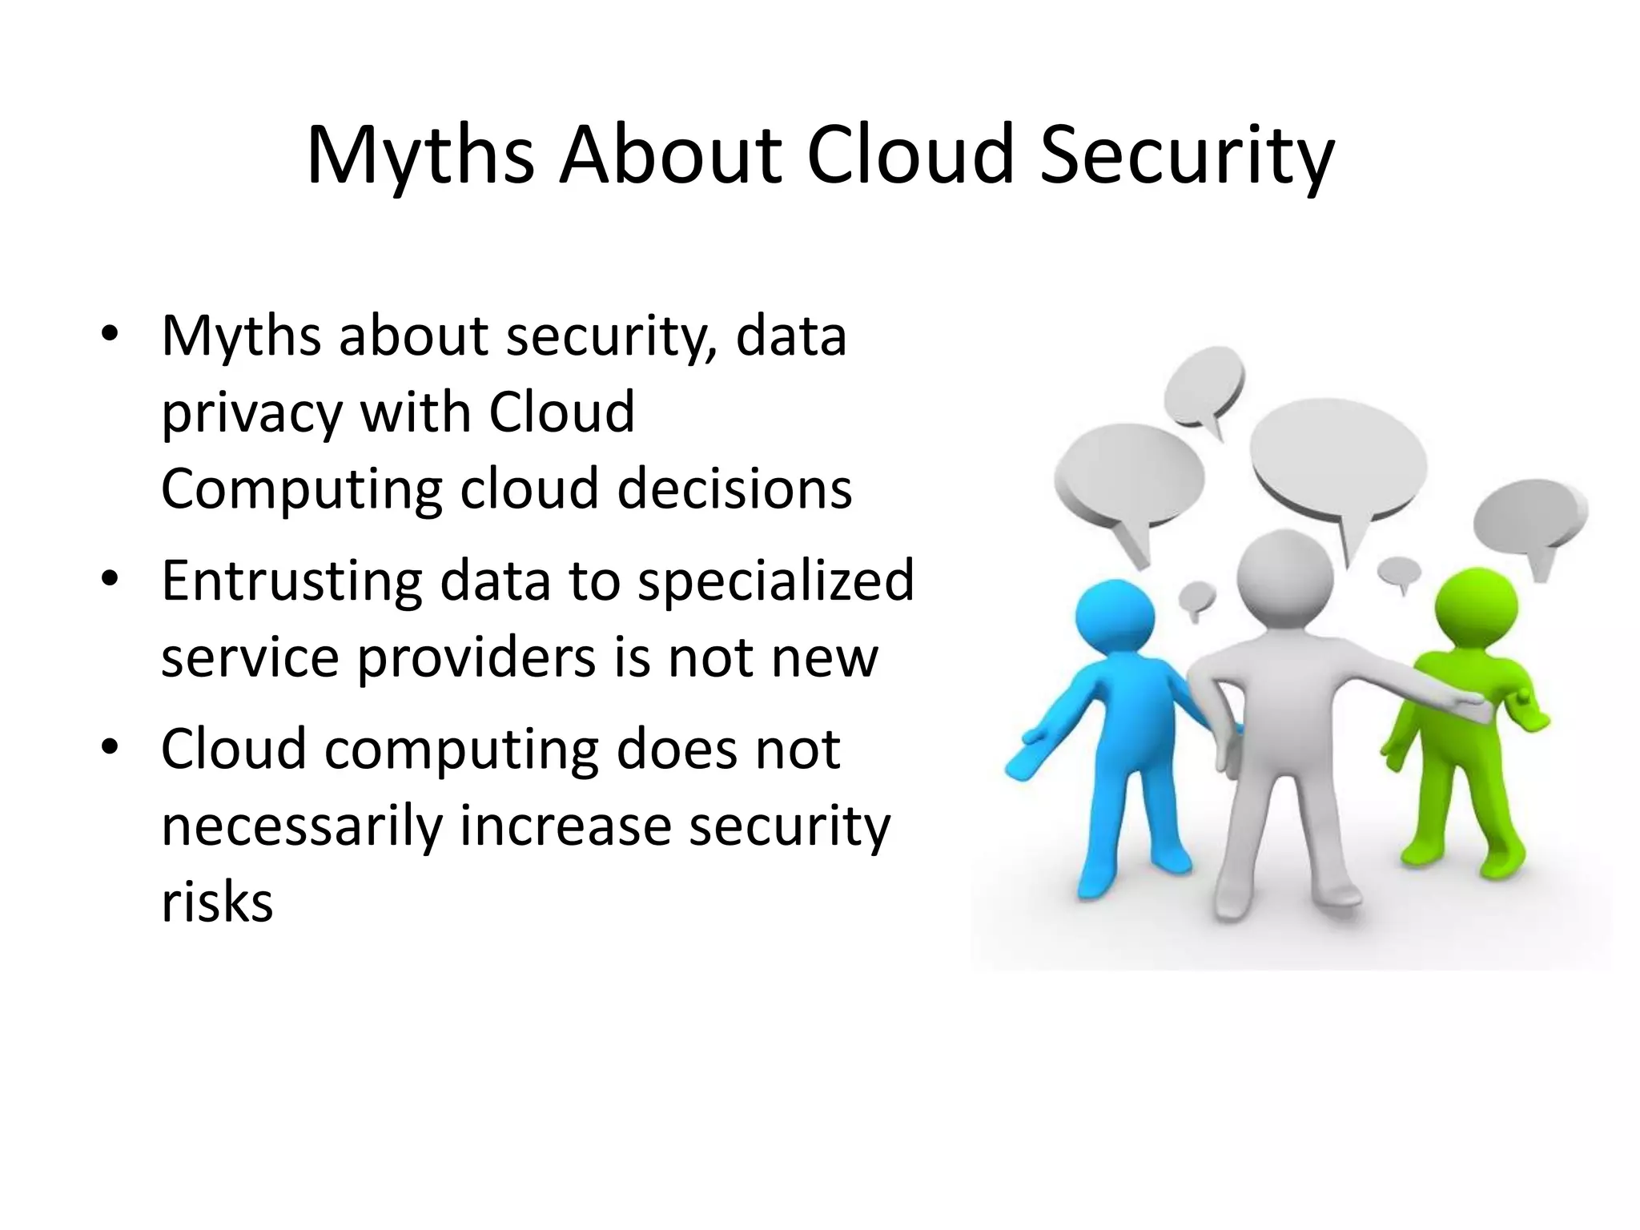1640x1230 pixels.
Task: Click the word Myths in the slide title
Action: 420,155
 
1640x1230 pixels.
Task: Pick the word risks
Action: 217,902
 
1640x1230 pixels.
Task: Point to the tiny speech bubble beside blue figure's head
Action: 1197,597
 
